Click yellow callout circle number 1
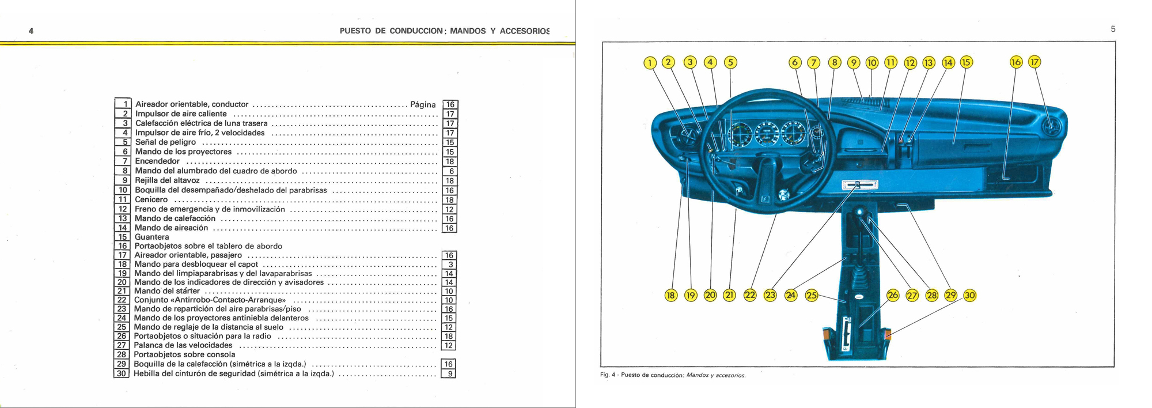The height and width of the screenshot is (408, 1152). [650, 63]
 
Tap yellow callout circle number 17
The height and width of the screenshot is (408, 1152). [1035, 62]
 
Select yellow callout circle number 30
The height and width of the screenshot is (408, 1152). [970, 296]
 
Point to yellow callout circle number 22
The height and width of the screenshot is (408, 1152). [750, 296]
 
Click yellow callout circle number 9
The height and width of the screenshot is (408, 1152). [854, 63]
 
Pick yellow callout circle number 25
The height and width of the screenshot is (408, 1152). [812, 296]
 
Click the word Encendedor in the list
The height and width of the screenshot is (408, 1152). [157, 161]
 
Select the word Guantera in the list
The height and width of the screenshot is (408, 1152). [151, 237]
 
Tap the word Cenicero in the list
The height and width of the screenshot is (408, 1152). [151, 199]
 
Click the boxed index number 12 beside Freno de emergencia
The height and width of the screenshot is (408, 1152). [123, 209]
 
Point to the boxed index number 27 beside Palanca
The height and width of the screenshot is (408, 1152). [122, 345]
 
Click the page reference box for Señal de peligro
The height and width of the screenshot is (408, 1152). [450, 142]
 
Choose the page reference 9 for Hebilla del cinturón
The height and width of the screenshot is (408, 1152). [449, 373]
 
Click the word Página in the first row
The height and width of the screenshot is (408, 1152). [423, 104]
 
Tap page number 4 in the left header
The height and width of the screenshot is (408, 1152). [31, 31]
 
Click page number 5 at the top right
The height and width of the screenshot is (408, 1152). [1113, 29]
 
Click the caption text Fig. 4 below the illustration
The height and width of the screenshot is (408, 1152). [608, 375]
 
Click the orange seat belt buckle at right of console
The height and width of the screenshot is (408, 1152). [888, 334]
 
